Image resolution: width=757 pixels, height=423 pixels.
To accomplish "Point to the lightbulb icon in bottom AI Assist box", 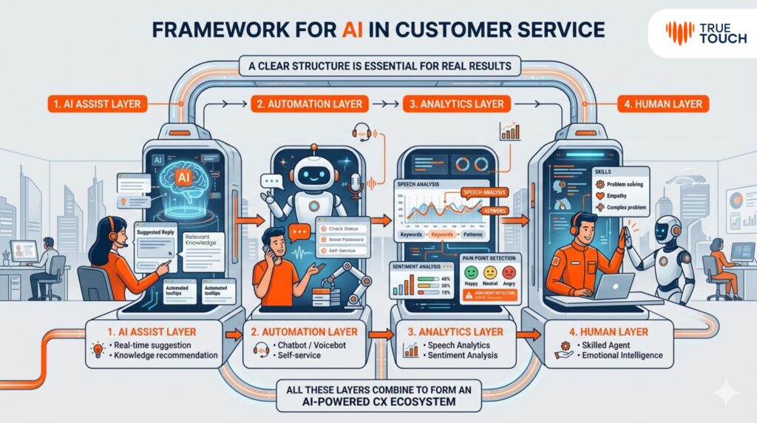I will click(x=97, y=350).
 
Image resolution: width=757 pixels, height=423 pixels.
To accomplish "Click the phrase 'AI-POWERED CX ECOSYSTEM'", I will click(x=378, y=403).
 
